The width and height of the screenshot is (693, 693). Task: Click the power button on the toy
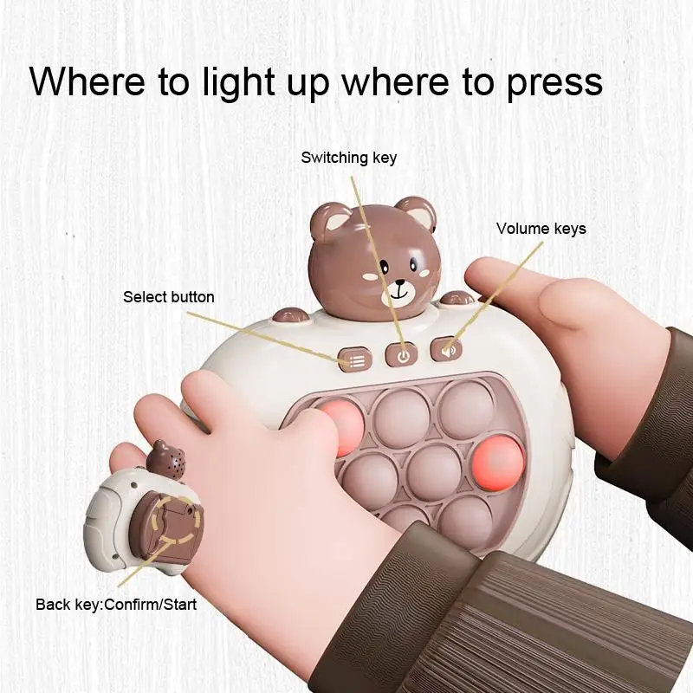[x=401, y=353]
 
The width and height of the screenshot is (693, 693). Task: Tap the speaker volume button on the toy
[x=447, y=349]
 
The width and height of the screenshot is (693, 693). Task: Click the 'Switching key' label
[x=348, y=158]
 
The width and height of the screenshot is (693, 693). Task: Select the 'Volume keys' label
[x=541, y=229]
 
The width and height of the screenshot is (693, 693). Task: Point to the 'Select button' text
[x=168, y=297]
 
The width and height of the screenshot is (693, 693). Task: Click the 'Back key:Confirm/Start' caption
[x=116, y=604]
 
